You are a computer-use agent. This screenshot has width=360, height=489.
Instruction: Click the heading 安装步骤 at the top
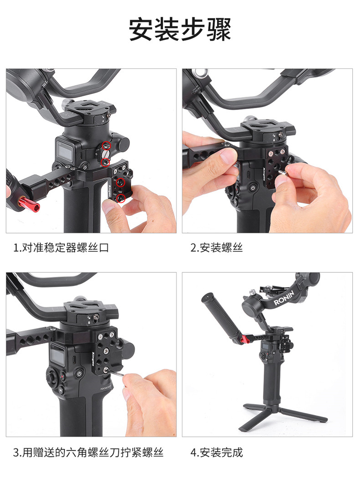(180, 30)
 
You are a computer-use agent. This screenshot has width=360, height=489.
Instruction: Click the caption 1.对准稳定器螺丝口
(61, 248)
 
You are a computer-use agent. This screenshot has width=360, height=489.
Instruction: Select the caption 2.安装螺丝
(216, 248)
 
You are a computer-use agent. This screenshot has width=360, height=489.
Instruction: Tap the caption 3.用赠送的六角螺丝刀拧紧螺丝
(88, 453)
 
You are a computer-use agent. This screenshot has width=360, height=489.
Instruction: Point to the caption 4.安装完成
(216, 453)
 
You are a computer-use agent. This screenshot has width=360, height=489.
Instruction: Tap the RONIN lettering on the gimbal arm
(284, 298)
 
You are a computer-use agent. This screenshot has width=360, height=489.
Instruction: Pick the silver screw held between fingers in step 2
(283, 173)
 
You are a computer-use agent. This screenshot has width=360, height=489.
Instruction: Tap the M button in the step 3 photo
(61, 390)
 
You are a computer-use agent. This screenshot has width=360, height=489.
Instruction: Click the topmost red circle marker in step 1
(107, 146)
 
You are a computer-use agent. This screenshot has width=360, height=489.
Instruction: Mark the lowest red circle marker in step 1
(121, 198)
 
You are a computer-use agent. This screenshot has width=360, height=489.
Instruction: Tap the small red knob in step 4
(246, 339)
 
